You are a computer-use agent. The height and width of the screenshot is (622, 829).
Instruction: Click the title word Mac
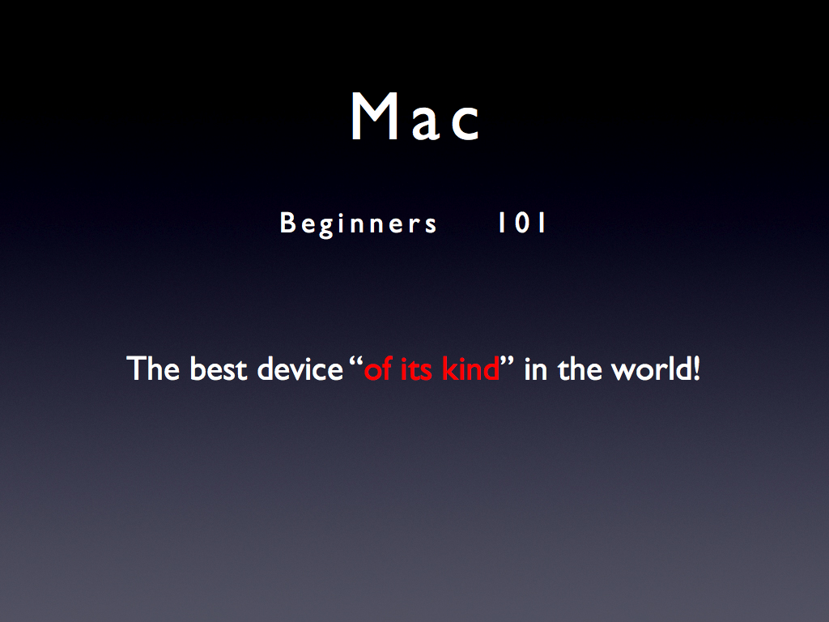coord(415,117)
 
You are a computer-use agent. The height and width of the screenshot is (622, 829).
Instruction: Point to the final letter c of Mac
coord(466,124)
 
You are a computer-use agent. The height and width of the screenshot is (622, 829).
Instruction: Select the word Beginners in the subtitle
coord(358,224)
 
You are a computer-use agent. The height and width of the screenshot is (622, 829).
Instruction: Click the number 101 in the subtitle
coord(522,223)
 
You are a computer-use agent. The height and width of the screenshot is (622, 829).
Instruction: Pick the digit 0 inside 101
coord(522,223)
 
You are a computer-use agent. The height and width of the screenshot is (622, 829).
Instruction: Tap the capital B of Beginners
coord(287,223)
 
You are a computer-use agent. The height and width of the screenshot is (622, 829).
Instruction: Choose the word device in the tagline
coord(300,369)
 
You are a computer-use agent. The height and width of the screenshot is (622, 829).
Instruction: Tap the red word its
coord(416,369)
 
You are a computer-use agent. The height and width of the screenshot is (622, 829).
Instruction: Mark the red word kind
coord(470,369)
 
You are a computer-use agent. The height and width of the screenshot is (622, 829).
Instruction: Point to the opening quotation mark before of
coord(356,360)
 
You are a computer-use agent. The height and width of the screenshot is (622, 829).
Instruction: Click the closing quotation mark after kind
coord(507,360)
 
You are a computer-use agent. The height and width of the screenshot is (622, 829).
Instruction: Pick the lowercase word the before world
coord(580,369)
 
